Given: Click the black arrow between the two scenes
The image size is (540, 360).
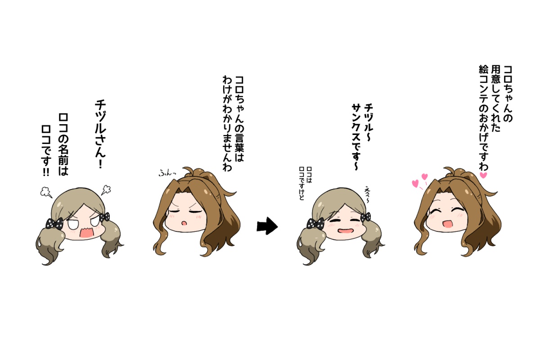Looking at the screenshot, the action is pyautogui.click(x=267, y=226).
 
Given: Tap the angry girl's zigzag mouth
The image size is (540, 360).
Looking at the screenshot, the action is pyautogui.click(x=85, y=233).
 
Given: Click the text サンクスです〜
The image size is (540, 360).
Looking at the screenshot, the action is pyautogui.click(x=355, y=137).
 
